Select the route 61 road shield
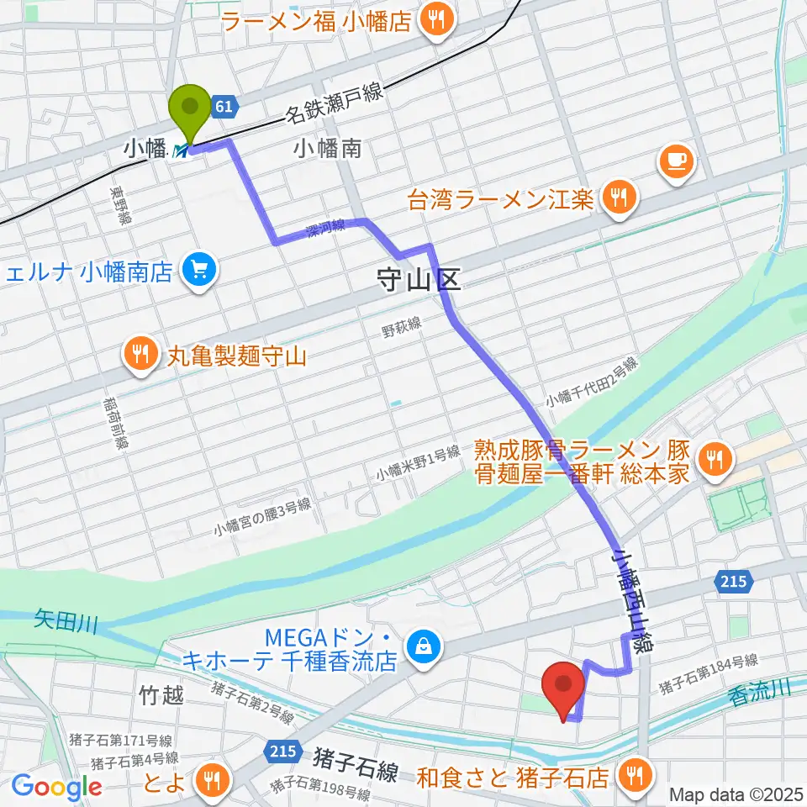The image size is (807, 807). (224, 106)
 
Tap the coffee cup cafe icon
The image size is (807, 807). (677, 159)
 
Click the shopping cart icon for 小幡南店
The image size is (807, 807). (199, 271)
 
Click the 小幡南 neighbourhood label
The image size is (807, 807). (328, 149)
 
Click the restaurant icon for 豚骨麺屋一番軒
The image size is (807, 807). (715, 458)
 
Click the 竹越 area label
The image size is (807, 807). (160, 694)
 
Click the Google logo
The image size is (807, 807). (56, 787)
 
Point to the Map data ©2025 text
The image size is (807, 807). (735, 794)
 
